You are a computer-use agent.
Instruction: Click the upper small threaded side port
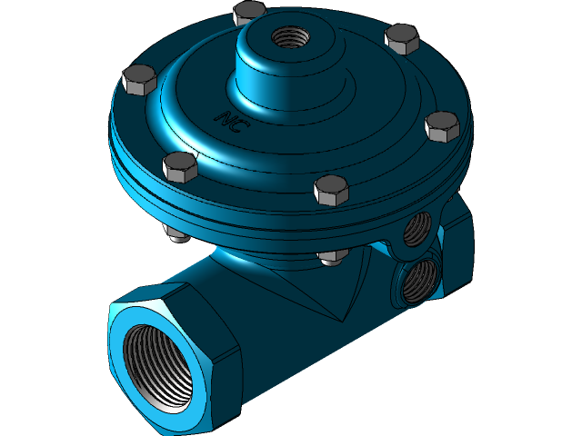click(416, 229)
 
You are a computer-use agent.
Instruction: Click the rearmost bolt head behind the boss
click(248, 14)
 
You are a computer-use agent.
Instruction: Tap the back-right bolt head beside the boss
click(400, 38)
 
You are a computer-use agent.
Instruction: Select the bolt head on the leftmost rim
click(139, 80)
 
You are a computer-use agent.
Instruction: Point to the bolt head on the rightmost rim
click(443, 125)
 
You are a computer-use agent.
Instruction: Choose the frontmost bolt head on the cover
click(331, 190)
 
